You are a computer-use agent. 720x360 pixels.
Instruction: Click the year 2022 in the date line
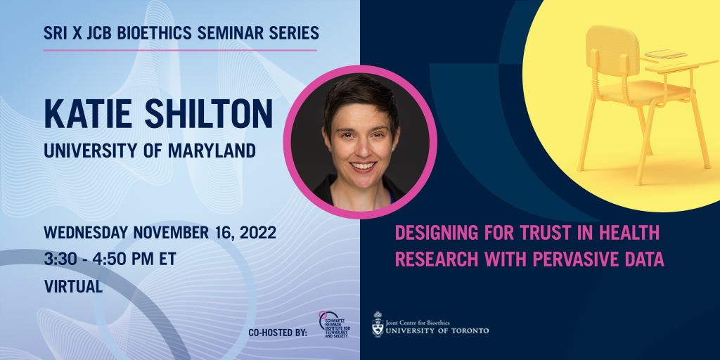pos(257,233)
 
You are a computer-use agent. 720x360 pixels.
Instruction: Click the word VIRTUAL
pos(73,286)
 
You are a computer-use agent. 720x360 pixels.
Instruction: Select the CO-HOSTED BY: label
pos(278,333)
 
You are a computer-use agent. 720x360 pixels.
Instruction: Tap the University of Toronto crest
pos(378,324)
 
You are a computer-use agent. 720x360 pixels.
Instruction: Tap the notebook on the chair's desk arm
pos(671,53)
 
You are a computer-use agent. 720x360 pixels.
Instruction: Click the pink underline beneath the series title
pos(180,50)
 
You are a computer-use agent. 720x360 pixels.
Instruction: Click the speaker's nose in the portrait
pos(361,146)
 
